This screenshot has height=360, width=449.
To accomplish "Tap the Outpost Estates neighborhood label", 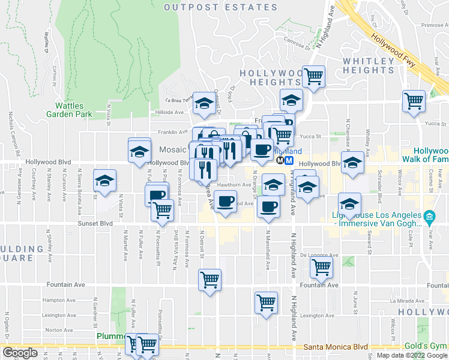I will (x=220, y=7).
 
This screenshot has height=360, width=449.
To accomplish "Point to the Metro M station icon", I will (x=289, y=161).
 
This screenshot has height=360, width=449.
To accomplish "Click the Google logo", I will (x=20, y=353).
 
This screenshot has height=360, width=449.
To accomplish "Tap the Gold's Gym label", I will (x=430, y=347).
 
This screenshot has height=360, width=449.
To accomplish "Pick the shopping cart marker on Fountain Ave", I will (x=209, y=280).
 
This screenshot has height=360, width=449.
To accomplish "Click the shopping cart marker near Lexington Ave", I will (x=266, y=302).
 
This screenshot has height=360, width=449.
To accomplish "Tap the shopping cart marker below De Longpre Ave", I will (x=321, y=269).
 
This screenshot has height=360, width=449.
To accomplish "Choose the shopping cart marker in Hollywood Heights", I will (x=313, y=76).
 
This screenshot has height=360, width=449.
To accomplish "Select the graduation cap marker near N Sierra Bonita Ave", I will (x=104, y=180).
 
